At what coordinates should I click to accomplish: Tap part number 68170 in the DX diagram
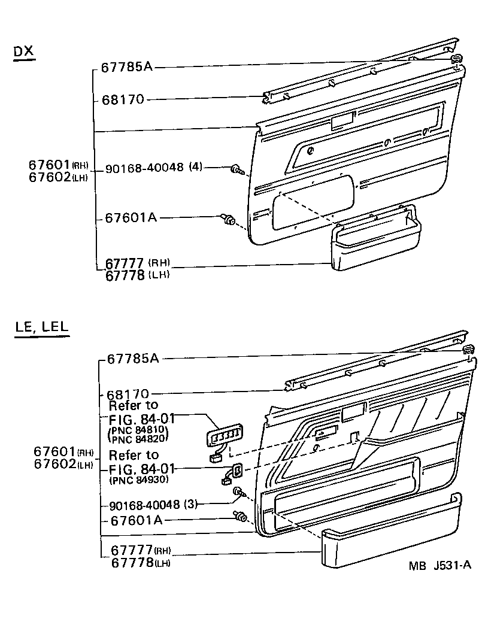125,99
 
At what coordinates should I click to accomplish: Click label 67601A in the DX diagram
130,217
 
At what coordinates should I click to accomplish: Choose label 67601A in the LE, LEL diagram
136,520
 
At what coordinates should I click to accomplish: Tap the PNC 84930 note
139,480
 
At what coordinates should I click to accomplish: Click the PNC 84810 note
139,431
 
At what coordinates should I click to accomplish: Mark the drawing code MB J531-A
440,566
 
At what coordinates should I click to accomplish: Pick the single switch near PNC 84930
236,471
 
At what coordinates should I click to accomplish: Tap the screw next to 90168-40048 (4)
237,171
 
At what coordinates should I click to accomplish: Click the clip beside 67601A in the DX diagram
228,220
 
